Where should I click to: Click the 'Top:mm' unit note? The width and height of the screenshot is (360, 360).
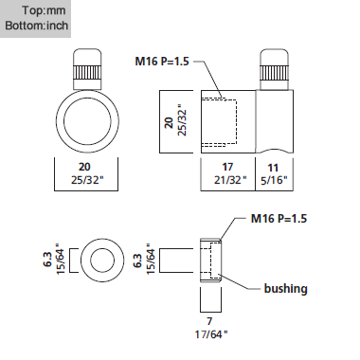(44, 10)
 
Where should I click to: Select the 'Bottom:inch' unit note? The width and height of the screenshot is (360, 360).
(37, 26)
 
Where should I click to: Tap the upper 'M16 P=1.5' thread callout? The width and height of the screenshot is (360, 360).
(162, 61)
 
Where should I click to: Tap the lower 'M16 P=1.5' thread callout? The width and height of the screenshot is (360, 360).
(279, 219)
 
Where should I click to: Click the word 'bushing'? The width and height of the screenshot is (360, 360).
(285, 289)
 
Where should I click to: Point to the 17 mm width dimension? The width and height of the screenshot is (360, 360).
(227, 167)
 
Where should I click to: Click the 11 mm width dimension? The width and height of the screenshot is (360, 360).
(273, 168)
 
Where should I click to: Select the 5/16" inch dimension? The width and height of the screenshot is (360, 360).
(274, 180)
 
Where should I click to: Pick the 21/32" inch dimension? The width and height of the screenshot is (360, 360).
(230, 180)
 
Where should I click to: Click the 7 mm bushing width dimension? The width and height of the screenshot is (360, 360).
(209, 321)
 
